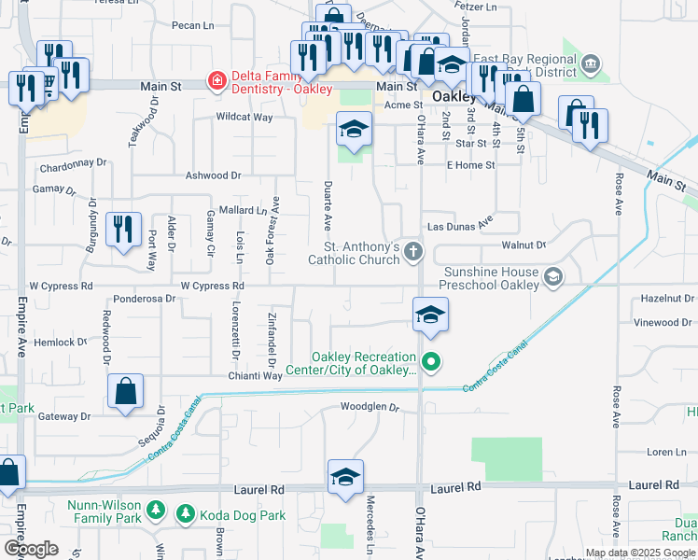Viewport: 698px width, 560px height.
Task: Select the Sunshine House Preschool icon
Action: click(x=553, y=276)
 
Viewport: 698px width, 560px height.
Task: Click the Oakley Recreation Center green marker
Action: click(x=430, y=360)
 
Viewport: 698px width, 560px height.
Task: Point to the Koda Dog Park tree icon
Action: click(x=186, y=513)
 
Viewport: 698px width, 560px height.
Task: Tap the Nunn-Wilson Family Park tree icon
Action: click(x=157, y=511)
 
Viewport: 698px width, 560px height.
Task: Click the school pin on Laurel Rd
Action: click(x=345, y=477)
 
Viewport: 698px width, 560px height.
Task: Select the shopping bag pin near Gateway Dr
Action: click(x=125, y=392)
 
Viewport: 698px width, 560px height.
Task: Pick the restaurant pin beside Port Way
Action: click(x=123, y=230)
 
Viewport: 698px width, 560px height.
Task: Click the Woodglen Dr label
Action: click(x=370, y=407)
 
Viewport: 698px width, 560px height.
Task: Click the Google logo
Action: click(x=31, y=549)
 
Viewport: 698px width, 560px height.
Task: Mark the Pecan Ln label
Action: click(x=193, y=26)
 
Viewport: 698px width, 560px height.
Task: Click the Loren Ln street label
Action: click(x=666, y=452)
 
